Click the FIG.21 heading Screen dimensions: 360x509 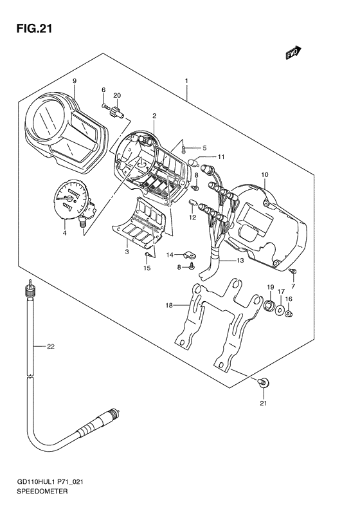coord(34,29)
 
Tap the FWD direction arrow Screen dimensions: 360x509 coord(293,52)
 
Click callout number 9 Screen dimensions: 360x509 coord(75,81)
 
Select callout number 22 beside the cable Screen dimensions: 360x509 coord(50,347)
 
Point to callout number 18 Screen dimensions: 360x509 coord(169,306)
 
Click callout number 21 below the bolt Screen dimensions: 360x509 coord(264,403)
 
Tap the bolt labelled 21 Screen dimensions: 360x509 coord(264,382)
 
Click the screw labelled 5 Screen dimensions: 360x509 coord(184,149)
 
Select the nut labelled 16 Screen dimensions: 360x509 coord(289,313)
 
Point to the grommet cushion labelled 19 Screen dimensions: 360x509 coord(269,305)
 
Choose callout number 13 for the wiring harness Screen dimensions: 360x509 coord(240,261)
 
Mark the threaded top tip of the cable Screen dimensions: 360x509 coord(30,281)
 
